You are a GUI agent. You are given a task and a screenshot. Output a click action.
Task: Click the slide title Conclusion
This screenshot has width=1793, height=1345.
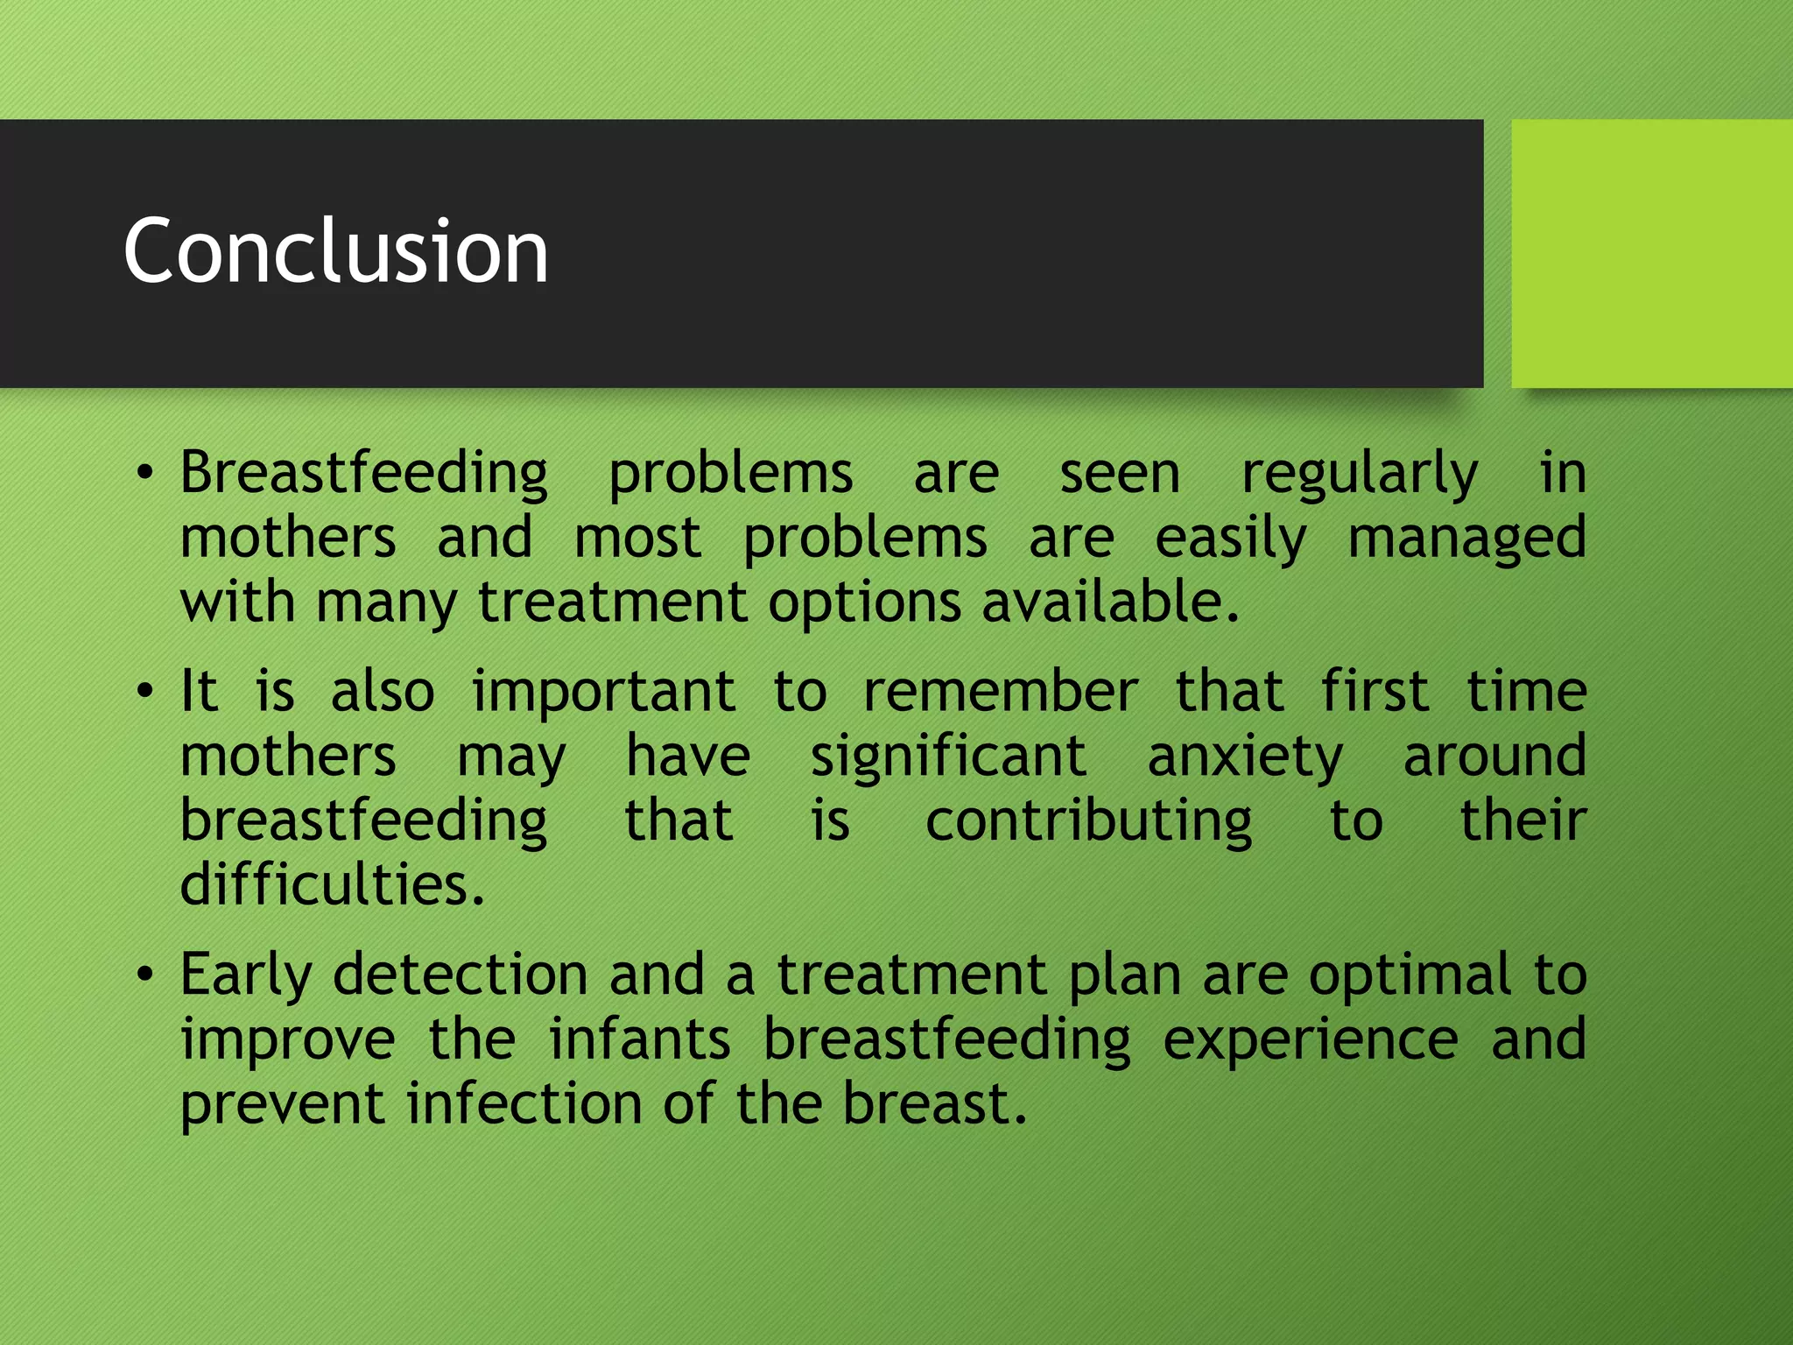pos(335,251)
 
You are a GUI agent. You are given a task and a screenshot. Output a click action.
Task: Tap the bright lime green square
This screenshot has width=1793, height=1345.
pos(1651,253)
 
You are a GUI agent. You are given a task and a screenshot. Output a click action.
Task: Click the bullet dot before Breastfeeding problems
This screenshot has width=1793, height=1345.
pos(145,475)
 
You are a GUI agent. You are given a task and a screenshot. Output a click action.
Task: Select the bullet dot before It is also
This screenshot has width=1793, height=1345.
pos(145,693)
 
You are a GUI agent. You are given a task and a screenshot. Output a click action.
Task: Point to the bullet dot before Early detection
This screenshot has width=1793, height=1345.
pos(145,975)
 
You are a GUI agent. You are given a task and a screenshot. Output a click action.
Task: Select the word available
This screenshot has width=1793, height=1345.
pos(1109,602)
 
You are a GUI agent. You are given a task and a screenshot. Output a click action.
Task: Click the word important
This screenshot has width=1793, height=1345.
pos(603,692)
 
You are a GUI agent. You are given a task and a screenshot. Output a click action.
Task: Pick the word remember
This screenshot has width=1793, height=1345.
pos(1000,692)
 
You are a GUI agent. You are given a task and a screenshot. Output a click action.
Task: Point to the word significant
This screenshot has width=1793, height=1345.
pos(947,757)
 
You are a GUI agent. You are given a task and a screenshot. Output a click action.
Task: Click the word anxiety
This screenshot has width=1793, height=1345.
pos(1244,757)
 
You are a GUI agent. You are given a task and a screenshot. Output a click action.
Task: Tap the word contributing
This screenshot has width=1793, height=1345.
pos(1088,822)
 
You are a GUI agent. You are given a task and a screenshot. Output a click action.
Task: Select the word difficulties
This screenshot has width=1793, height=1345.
pos(332,884)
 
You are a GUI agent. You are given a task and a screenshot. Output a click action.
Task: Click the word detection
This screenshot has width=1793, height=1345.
pos(461,974)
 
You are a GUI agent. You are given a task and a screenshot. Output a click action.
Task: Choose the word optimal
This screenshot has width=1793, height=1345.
pos(1410,974)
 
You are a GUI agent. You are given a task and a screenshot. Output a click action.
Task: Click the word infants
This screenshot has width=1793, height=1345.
pos(639,1039)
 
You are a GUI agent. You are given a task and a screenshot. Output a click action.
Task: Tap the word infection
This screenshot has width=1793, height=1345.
pos(524,1103)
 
